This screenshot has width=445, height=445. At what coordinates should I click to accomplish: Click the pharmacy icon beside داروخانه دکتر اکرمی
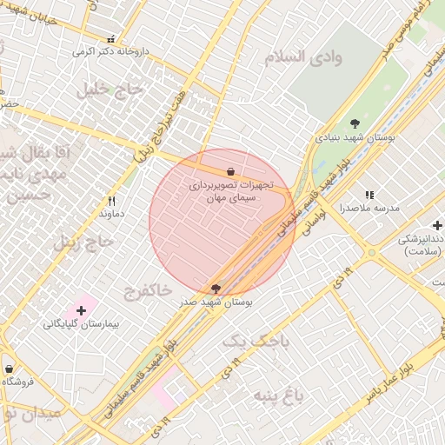click(110, 40)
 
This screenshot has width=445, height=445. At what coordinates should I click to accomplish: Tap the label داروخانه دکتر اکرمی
click(110, 52)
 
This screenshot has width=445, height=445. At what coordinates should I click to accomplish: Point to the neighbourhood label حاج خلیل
click(109, 89)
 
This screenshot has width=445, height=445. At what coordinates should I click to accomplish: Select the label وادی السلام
click(303, 56)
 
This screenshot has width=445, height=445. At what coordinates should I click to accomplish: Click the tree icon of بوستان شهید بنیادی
click(355, 123)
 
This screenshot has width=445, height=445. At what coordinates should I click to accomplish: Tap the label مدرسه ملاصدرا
click(369, 209)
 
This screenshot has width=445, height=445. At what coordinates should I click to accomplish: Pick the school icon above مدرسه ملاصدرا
click(369, 196)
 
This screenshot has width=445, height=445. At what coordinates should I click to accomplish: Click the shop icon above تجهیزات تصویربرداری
click(229, 171)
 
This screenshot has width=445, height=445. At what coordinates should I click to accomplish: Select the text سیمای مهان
click(228, 198)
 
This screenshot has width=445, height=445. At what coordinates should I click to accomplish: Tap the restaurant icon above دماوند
click(111, 201)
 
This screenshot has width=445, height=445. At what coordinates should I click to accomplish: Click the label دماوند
click(111, 213)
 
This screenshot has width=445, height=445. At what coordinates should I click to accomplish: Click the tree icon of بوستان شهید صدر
click(215, 289)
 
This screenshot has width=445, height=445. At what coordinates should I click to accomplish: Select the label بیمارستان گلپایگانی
click(80, 323)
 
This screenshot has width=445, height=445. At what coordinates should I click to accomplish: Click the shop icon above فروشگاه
click(9, 369)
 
